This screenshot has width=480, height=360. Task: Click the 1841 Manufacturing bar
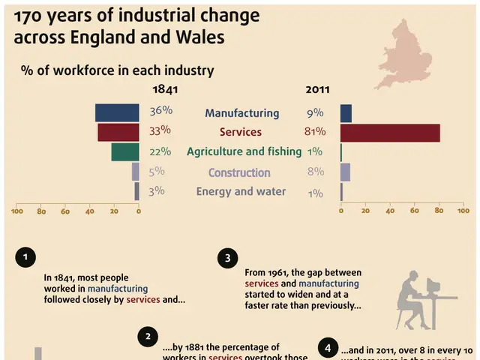point(117,112)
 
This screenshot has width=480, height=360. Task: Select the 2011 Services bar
point(390,132)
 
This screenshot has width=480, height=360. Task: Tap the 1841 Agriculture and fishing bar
point(125,151)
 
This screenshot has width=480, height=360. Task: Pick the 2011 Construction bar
point(345,172)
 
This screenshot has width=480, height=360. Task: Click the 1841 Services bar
point(118,132)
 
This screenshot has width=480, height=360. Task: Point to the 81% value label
point(314,132)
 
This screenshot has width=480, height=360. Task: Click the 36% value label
point(160,111)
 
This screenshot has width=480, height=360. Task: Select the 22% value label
point(160,151)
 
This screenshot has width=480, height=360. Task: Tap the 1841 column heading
point(166,89)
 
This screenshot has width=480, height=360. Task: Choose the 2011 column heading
point(319,89)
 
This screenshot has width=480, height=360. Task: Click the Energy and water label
point(241,191)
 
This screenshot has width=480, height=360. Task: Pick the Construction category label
point(239,172)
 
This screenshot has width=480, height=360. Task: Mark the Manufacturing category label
point(241,113)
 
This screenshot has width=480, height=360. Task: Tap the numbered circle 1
point(25,257)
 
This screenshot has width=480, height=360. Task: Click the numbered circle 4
point(328,347)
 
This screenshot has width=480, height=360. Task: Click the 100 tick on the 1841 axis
point(16,211)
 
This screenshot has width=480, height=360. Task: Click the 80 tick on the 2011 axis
point(439,211)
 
